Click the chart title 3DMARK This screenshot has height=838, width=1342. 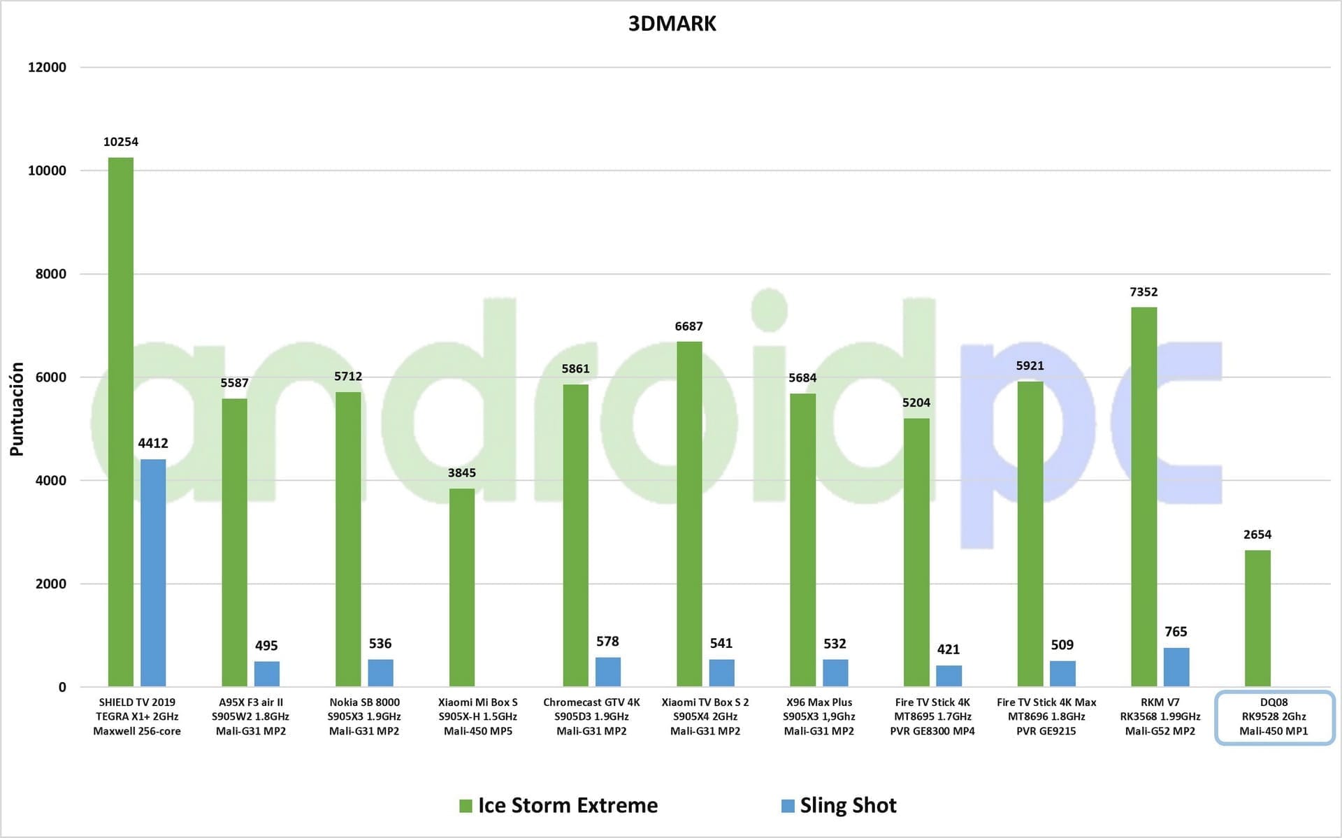672,24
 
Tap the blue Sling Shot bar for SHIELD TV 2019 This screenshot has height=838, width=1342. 153,572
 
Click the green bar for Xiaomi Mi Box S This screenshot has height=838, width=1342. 461,587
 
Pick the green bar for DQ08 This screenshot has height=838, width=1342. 1257,618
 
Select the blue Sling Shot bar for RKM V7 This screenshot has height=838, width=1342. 1176,667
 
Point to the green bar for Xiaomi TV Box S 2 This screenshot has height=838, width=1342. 688,514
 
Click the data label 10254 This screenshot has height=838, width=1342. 120,142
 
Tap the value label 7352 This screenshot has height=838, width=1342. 1143,292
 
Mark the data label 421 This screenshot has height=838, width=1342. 948,649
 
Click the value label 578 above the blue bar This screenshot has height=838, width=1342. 607,641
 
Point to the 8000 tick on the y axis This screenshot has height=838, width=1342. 51,274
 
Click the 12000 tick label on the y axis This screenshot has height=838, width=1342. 47,67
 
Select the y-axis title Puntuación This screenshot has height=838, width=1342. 17,410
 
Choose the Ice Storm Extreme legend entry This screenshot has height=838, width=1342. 558,805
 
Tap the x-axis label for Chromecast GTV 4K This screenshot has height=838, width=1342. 591,716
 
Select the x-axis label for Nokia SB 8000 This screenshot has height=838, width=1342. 364,716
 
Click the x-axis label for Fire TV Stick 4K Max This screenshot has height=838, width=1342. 1046,716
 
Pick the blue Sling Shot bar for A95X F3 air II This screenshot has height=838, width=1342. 266,674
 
